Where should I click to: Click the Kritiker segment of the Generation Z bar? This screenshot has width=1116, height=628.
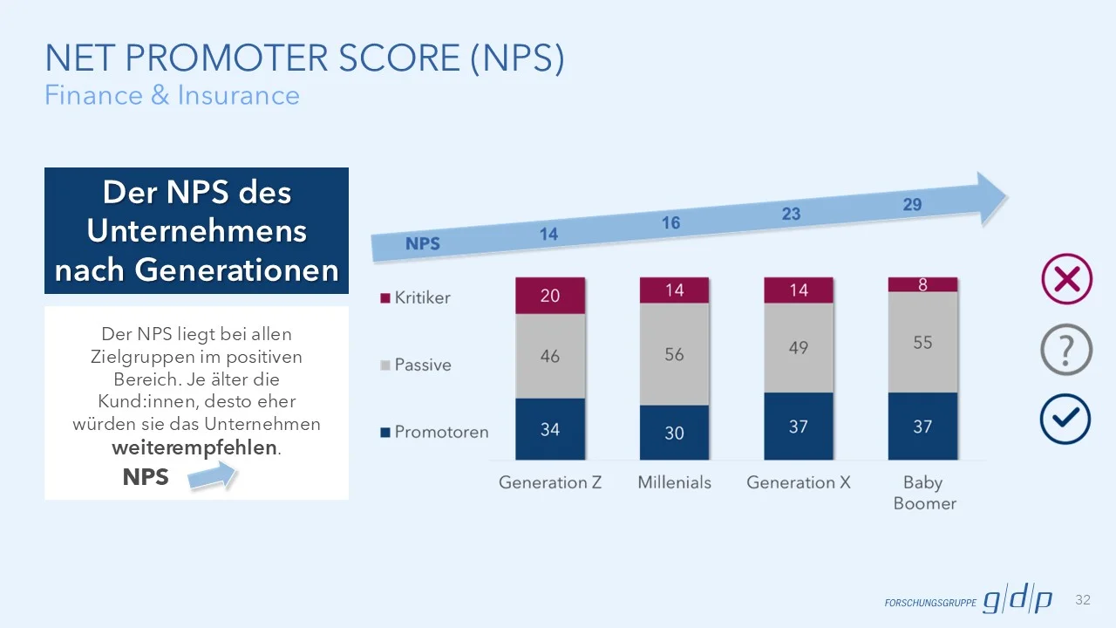tap(550, 296)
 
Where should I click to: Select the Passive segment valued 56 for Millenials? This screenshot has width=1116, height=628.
tap(674, 354)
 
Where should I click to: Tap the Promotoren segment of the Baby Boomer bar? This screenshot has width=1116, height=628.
tap(922, 427)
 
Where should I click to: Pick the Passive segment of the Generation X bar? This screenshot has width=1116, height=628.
tap(798, 348)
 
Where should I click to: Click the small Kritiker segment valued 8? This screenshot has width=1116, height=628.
tap(922, 284)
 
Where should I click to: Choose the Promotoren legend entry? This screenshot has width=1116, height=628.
tap(433, 432)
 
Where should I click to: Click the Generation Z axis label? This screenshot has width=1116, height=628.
tap(550, 482)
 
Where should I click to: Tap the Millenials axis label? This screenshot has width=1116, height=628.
tap(674, 482)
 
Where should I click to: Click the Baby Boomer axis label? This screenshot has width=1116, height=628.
tap(924, 493)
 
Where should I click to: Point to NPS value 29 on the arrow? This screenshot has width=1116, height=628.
tap(912, 205)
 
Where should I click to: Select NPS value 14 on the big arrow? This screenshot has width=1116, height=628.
tap(548, 234)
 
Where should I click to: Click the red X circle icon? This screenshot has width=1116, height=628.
tap(1066, 279)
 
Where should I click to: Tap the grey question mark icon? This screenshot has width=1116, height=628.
tap(1066, 350)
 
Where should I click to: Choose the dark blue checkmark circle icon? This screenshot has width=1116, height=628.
tap(1065, 420)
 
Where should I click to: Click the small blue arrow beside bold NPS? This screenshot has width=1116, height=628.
tap(213, 476)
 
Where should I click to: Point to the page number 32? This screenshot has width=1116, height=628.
tap(1083, 600)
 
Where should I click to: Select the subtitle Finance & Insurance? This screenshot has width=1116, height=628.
tap(172, 95)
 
